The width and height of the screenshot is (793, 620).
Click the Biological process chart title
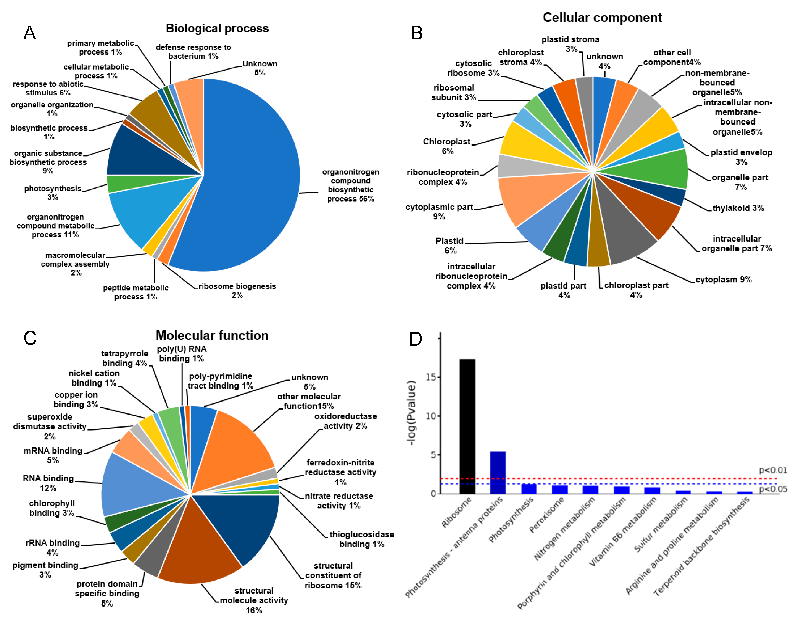pos(217,28)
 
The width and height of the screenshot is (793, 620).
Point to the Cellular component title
pos(602,17)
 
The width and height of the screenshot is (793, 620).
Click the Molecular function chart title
pos(212,335)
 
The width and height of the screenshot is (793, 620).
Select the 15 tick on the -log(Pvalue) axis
pos(431,377)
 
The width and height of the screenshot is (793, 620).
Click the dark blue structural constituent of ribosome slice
pos(243,523)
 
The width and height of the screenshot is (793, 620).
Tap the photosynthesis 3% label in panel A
pos(53,193)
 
